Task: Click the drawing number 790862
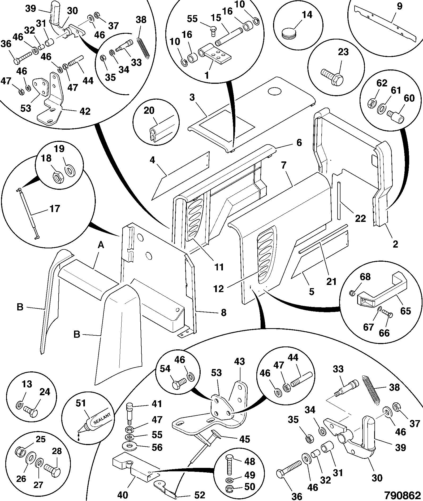403,495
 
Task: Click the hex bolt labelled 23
332,75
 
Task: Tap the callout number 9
399,6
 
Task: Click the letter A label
101,245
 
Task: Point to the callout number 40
122,495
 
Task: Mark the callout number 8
224,313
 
